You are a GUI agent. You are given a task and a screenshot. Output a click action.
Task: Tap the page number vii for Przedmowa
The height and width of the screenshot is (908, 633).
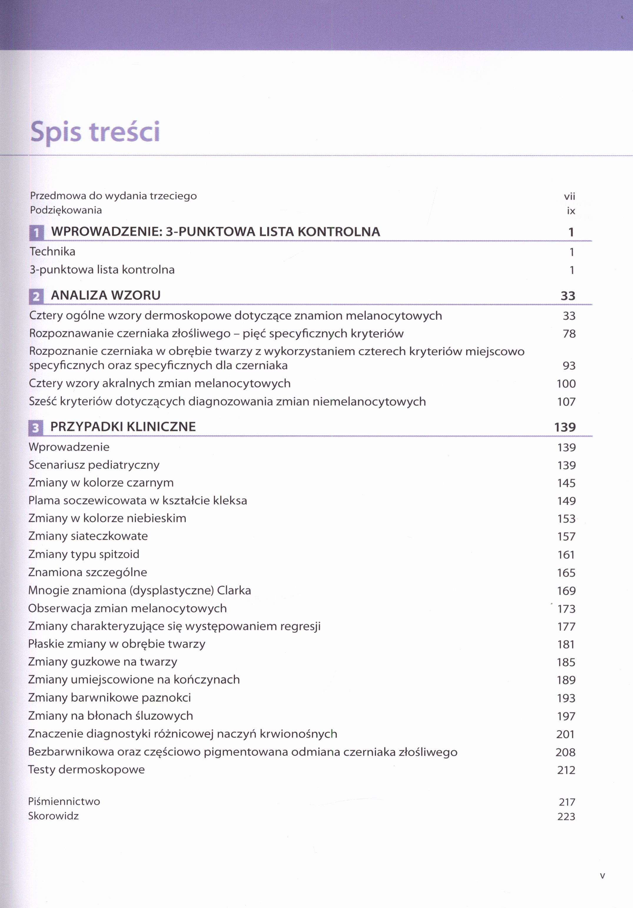pyautogui.click(x=569, y=196)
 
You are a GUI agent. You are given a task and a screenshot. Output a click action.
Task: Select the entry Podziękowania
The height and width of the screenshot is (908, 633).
pyautogui.click(x=66, y=210)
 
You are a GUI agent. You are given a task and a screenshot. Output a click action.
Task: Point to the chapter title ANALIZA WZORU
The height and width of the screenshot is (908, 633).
pyautogui.click(x=106, y=295)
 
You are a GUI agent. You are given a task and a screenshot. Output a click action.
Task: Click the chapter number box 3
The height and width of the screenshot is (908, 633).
pyautogui.click(x=36, y=427)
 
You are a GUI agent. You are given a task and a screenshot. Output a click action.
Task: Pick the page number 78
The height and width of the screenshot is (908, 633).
pyautogui.click(x=569, y=334)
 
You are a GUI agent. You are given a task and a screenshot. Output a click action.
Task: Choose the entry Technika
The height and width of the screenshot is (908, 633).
pyautogui.click(x=52, y=251)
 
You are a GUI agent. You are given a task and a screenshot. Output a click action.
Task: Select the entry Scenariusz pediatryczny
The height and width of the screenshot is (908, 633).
pyautogui.click(x=94, y=465)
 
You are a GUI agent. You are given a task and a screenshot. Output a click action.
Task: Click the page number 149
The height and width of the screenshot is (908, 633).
pyautogui.click(x=566, y=501)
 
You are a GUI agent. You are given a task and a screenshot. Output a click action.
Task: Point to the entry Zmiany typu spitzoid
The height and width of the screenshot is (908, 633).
pyautogui.click(x=84, y=554)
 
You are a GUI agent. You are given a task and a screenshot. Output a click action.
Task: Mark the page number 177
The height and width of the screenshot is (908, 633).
pyautogui.click(x=566, y=627)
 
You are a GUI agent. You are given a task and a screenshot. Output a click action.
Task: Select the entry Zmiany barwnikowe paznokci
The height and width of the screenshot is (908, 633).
pyautogui.click(x=109, y=698)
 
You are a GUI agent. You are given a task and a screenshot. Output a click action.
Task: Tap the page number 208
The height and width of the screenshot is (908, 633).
pyautogui.click(x=565, y=752)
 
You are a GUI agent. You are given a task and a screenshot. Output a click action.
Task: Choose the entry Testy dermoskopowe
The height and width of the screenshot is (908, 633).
pyautogui.click(x=86, y=769)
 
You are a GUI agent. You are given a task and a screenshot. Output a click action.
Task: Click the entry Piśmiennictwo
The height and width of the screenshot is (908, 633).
pyautogui.click(x=64, y=802)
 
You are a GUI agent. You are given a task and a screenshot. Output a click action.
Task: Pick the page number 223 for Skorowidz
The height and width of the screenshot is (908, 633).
pyautogui.click(x=566, y=817)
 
